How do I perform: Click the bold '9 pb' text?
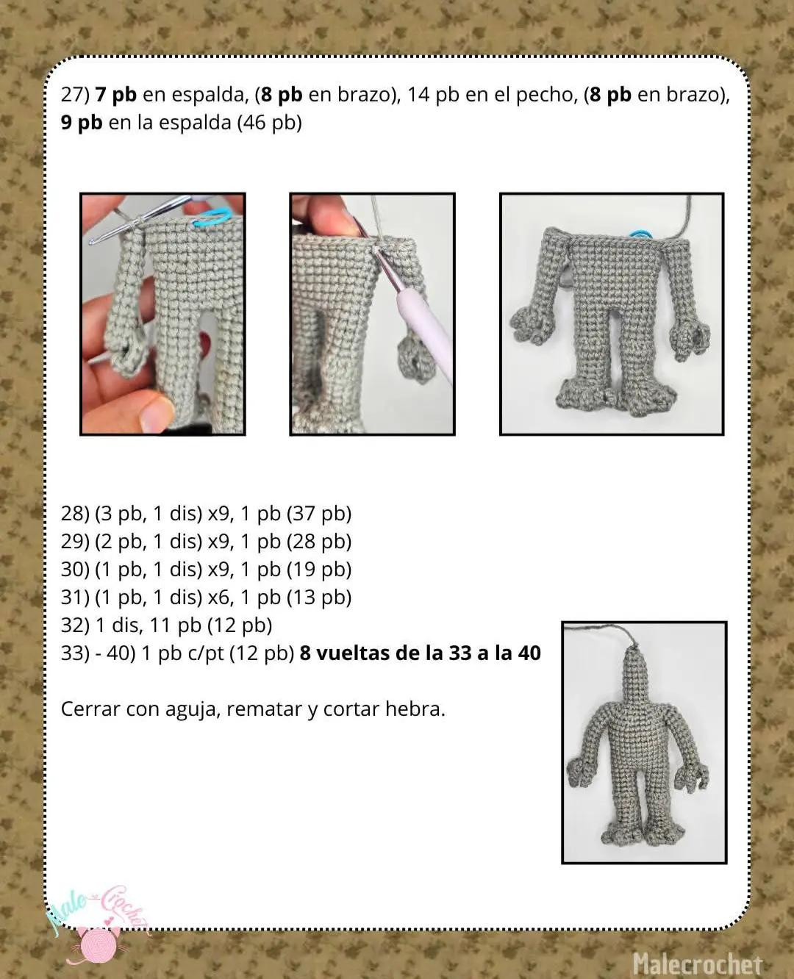tap(82, 123)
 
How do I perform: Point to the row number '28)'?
tap(74, 514)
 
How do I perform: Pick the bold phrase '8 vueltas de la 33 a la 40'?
tap(420, 653)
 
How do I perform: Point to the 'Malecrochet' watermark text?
tap(697, 964)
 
